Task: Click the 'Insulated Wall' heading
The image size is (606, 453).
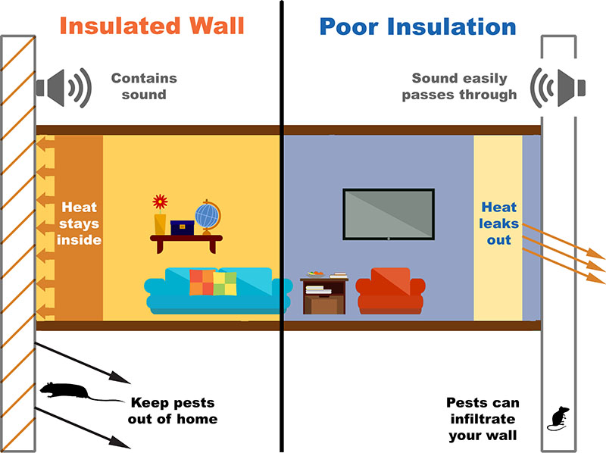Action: (151, 26)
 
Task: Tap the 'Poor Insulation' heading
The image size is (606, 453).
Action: (417, 26)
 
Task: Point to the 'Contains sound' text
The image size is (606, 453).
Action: (143, 86)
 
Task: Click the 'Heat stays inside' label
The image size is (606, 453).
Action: (80, 223)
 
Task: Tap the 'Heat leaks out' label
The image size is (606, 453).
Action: (498, 223)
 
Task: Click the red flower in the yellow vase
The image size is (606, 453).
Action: (160, 202)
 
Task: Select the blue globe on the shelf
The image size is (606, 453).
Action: (206, 214)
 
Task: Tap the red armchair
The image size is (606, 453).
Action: (389, 291)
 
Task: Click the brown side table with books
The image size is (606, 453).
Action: (324, 296)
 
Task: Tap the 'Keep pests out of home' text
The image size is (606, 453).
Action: (173, 411)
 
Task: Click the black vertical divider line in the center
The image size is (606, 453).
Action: (282, 227)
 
